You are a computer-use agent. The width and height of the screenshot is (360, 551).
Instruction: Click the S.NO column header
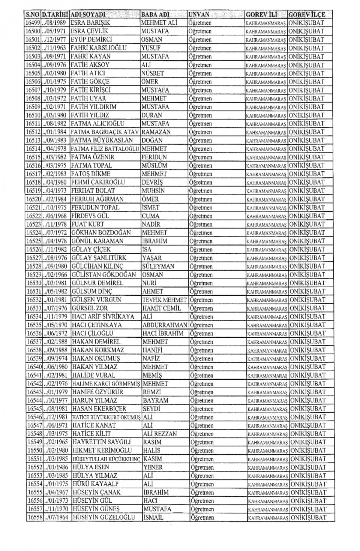[x=32, y=15]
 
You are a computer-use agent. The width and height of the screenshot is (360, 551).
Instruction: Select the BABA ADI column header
[x=155, y=15]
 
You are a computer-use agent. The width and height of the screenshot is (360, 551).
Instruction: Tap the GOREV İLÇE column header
[x=306, y=15]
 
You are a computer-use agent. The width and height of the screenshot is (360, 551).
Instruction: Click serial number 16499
[x=33, y=23]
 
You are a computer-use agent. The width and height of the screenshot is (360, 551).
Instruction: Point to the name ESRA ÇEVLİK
[x=89, y=31]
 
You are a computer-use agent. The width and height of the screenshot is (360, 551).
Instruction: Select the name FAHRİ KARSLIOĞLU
[x=99, y=48]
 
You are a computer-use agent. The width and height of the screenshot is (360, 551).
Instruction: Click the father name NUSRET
[x=153, y=73]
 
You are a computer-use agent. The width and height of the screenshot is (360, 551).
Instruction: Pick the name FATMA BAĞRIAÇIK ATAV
[x=105, y=132]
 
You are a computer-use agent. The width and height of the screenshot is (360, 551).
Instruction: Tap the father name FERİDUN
[x=154, y=157]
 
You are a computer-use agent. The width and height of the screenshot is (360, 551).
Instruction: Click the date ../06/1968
[x=56, y=216]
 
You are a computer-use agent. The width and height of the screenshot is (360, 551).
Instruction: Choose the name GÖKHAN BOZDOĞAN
[x=101, y=233]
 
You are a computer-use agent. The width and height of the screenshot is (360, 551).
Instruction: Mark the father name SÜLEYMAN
[x=158, y=266]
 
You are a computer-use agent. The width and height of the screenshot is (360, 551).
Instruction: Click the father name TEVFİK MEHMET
[x=164, y=300]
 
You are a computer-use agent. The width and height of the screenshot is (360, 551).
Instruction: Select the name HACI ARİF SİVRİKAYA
[x=103, y=317]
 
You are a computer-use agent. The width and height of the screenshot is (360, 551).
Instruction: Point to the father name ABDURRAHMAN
[x=165, y=325]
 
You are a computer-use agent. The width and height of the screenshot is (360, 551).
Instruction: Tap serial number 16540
[x=34, y=367]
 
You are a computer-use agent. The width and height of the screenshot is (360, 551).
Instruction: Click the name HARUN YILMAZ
[x=94, y=400]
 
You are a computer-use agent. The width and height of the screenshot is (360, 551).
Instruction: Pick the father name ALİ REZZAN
[x=160, y=434]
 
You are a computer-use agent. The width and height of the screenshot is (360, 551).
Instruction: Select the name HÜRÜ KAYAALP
[x=96, y=484]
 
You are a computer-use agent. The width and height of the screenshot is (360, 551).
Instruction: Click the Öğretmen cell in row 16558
[x=202, y=518]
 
